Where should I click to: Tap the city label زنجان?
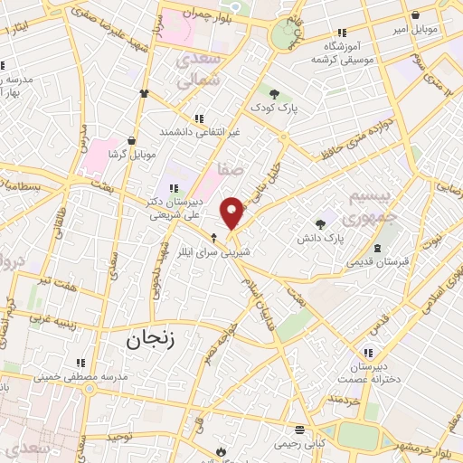pyautogui.click(x=145, y=340)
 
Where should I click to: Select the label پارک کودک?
pyautogui.click(x=274, y=108)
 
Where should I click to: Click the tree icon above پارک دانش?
pyautogui.click(x=319, y=224)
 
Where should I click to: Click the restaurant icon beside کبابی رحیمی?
pyautogui.click(x=296, y=430)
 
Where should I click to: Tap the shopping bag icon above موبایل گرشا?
pyautogui.click(x=133, y=141)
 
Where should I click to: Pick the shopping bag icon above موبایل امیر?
pyautogui.click(x=415, y=14)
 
